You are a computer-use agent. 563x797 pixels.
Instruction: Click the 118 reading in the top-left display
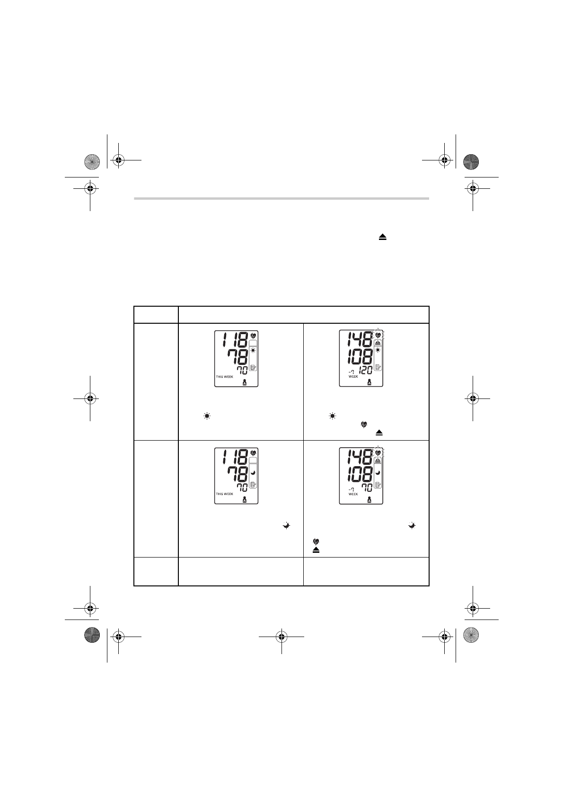235,340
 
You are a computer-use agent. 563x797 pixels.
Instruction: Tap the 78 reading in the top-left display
238,357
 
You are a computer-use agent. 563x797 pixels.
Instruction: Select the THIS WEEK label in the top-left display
224,377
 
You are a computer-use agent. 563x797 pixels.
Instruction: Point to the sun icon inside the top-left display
253,351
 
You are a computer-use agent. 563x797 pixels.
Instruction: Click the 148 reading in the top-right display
360,340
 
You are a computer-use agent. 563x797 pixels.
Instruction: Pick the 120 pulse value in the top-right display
365,371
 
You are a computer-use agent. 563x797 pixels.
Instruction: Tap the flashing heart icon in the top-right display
378,335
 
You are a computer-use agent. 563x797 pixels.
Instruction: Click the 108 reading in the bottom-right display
360,474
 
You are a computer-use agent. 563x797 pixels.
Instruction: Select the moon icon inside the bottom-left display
253,472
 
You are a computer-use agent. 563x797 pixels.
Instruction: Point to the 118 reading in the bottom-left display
235,457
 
